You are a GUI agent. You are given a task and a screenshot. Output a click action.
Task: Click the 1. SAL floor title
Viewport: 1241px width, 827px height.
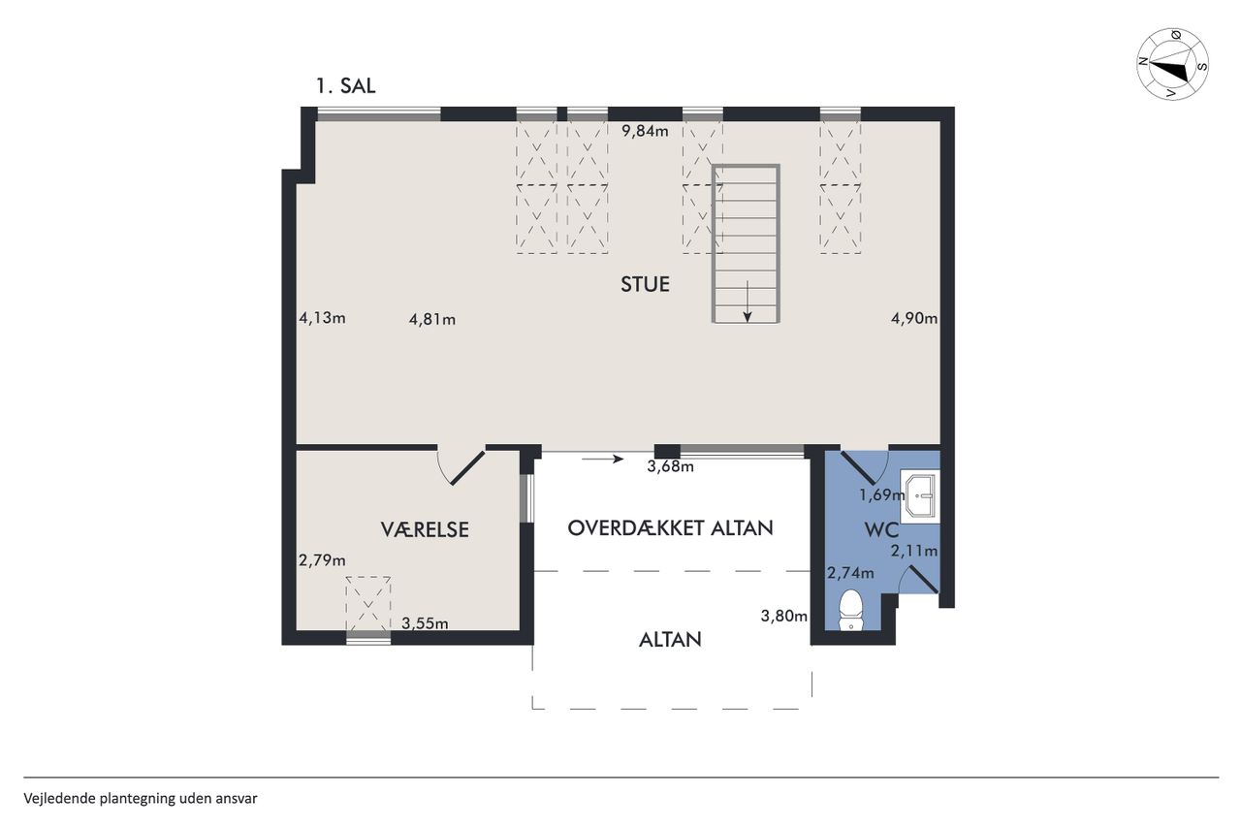click(x=346, y=86)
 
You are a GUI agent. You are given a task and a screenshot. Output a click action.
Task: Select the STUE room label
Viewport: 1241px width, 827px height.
click(x=645, y=284)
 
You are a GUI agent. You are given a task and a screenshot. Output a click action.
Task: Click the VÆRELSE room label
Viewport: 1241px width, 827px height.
click(x=425, y=530)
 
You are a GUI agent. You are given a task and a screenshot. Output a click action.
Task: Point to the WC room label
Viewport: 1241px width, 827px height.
click(x=881, y=530)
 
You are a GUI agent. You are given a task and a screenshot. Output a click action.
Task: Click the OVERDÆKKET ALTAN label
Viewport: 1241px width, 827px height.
click(x=670, y=527)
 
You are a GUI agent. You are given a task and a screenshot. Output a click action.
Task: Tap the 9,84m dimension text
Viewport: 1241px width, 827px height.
click(x=645, y=131)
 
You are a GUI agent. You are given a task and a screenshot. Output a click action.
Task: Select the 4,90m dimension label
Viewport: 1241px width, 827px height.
click(x=914, y=319)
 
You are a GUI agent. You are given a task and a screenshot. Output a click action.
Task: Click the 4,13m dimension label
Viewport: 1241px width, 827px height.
click(x=323, y=318)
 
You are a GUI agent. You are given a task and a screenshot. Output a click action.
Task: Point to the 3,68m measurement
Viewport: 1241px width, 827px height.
click(x=670, y=466)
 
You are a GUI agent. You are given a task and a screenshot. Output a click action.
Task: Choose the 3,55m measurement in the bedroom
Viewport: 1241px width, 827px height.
click(x=425, y=623)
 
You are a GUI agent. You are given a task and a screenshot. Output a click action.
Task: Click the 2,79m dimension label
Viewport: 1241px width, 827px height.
click(x=323, y=560)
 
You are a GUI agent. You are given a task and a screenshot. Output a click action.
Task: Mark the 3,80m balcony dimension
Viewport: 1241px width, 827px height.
click(x=784, y=616)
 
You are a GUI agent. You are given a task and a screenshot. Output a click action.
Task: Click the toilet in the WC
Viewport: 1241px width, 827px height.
click(x=851, y=611)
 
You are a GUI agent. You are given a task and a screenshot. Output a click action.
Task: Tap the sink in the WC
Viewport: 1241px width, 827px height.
click(x=920, y=496)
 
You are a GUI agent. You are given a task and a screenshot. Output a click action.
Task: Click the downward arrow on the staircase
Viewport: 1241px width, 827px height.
click(x=748, y=302)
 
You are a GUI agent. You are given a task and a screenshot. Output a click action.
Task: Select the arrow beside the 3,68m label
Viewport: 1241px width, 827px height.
click(x=603, y=459)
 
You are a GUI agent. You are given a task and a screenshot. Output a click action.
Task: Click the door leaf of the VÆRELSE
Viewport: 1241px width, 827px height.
click(x=468, y=468)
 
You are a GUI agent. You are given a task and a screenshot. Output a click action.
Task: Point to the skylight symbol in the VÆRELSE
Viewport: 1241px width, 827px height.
click(x=367, y=604)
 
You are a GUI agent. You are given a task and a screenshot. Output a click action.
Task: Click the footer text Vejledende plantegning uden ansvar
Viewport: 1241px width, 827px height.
click(x=141, y=798)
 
